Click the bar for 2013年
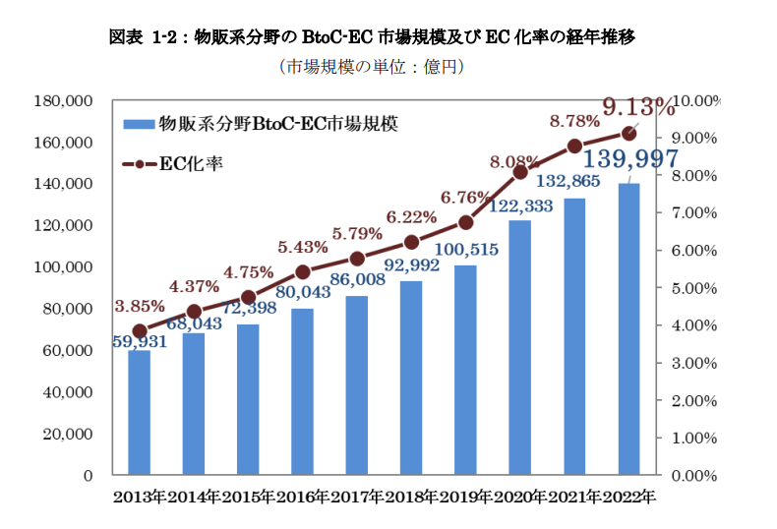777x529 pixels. pyautogui.click(x=140, y=413)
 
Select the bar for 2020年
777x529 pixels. pyautogui.click(x=520, y=348)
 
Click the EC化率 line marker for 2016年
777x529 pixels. pyautogui.click(x=303, y=272)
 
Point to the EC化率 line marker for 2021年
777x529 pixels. pyautogui.click(x=575, y=147)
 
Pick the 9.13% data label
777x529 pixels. pyautogui.click(x=638, y=105)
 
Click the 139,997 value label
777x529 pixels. pyautogui.click(x=629, y=161)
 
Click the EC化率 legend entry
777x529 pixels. pyautogui.click(x=172, y=163)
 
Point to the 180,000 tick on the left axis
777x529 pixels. pyautogui.click(x=62, y=101)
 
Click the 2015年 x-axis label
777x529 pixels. pyautogui.click(x=249, y=498)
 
